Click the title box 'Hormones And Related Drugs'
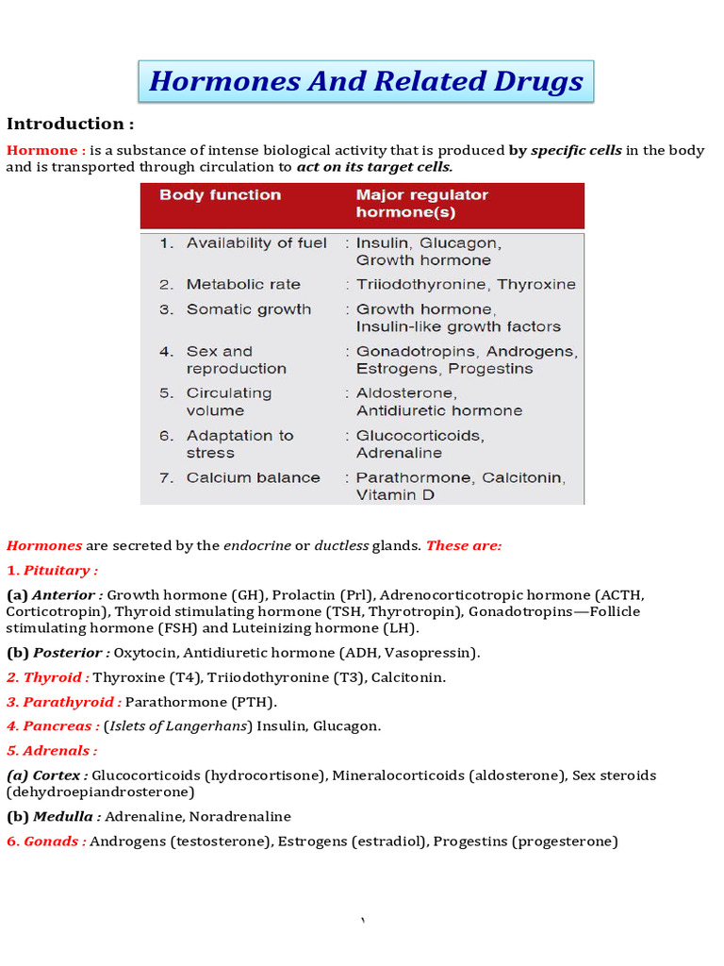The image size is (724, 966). pos(366,81)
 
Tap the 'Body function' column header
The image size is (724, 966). pos(220,195)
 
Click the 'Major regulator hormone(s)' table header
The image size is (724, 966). pos(421,204)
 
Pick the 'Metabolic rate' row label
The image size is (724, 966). pos(243,285)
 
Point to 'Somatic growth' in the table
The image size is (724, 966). pos(248,309)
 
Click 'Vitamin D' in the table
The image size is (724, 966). pos(395,495)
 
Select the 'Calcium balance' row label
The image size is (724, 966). pos(253,477)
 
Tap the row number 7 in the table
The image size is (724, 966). pos(166,477)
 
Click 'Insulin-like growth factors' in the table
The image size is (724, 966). pos(458,327)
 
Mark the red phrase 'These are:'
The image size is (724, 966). pos(464,546)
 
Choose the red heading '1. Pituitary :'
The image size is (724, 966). pos(53,571)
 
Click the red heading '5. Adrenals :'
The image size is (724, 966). pos(52,751)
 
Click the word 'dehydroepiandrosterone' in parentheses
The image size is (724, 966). pos(99,792)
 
